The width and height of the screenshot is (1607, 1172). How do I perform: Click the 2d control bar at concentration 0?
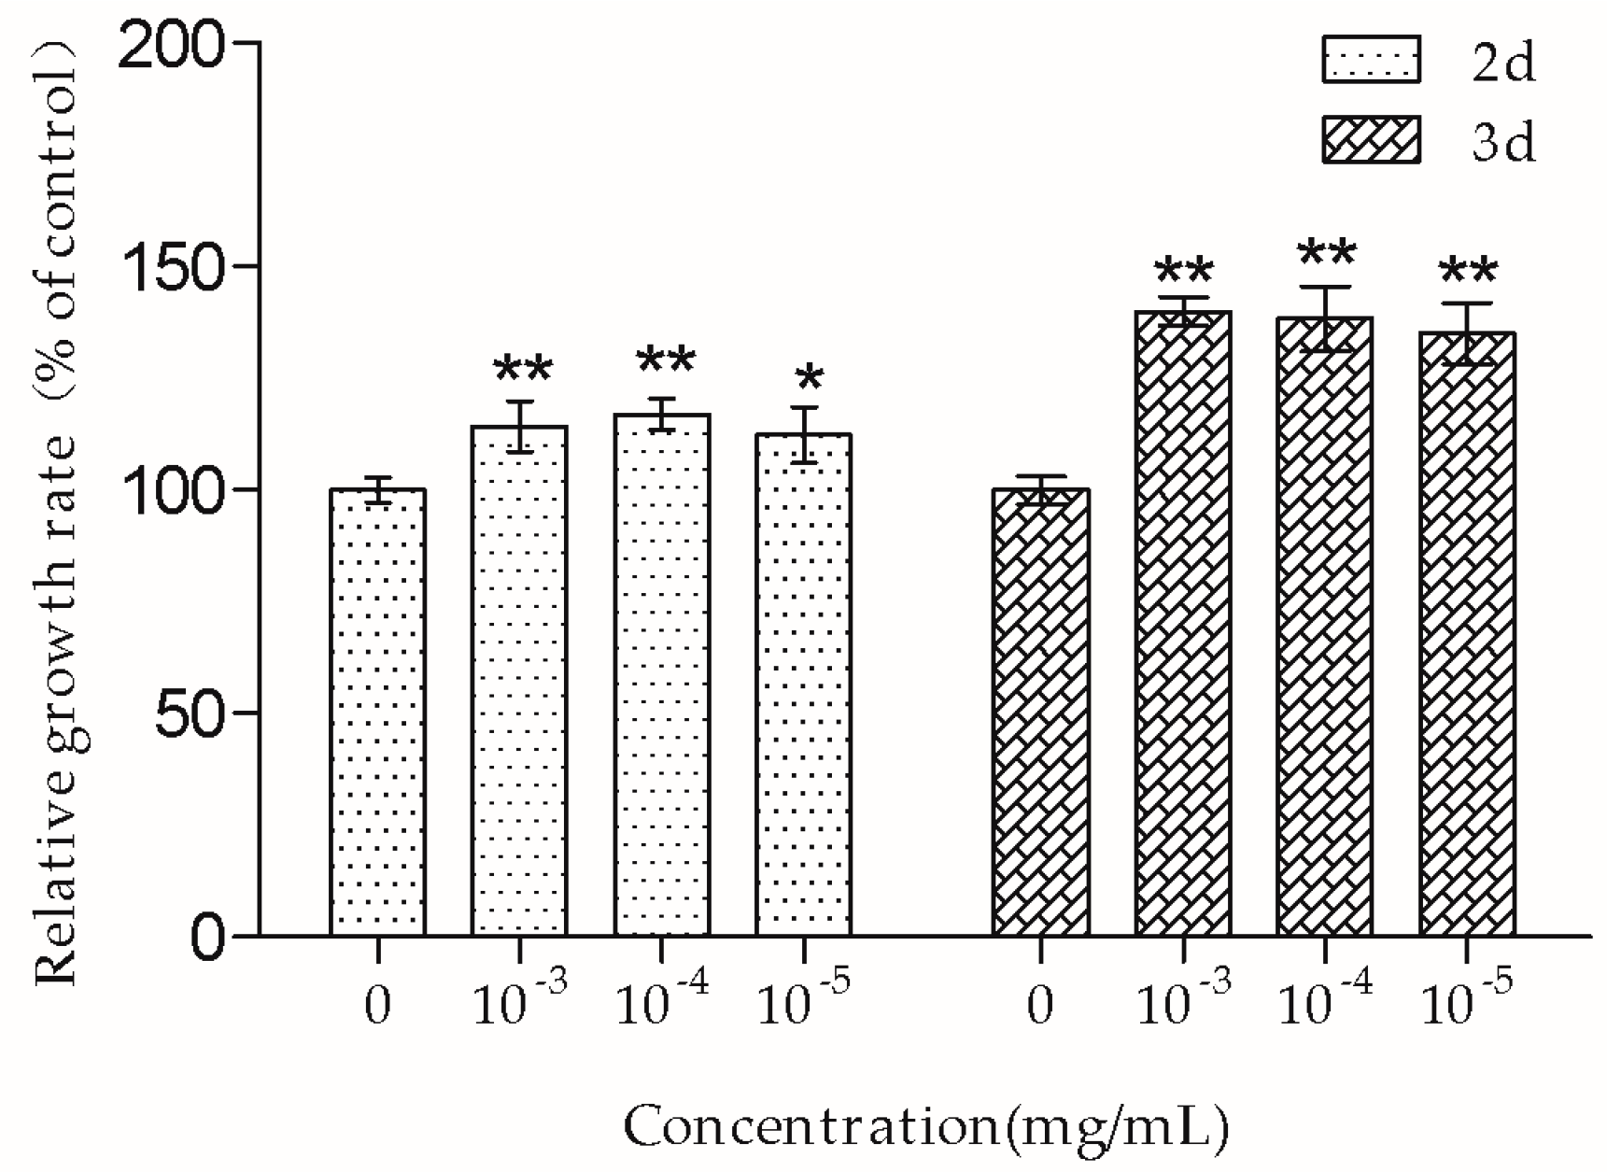click(377, 712)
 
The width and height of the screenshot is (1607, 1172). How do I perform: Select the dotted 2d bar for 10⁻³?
click(519, 681)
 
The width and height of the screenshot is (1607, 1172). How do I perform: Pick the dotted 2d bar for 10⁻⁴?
click(662, 674)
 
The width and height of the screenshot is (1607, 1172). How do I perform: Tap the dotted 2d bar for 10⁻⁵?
click(804, 685)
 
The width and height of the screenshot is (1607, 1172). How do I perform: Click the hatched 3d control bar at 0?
click(1041, 712)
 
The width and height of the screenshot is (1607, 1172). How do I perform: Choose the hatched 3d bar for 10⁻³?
click(1183, 623)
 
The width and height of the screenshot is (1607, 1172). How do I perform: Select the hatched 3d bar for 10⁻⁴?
click(1325, 626)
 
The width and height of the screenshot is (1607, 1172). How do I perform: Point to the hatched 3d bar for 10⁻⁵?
click(1467, 633)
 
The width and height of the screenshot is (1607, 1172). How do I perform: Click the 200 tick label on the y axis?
click(174, 44)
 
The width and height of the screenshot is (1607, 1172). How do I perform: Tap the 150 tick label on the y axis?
click(174, 267)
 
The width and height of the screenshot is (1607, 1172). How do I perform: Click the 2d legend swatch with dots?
click(1371, 61)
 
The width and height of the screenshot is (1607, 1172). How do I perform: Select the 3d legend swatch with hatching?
click(1371, 141)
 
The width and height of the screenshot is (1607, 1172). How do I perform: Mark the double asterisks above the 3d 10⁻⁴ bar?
click(1327, 253)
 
